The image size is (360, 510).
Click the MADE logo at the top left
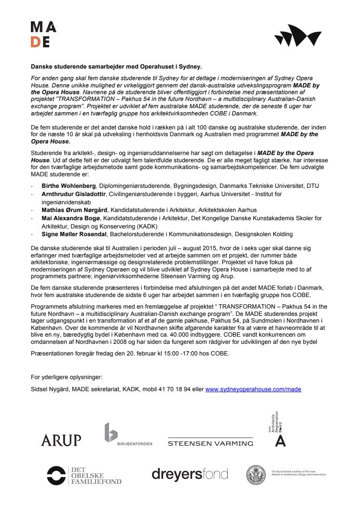[43, 34]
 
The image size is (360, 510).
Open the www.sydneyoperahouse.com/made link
[253, 389]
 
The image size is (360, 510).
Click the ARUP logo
[61, 439]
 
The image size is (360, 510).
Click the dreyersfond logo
[190, 474]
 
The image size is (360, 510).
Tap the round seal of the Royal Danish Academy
[256, 475]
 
